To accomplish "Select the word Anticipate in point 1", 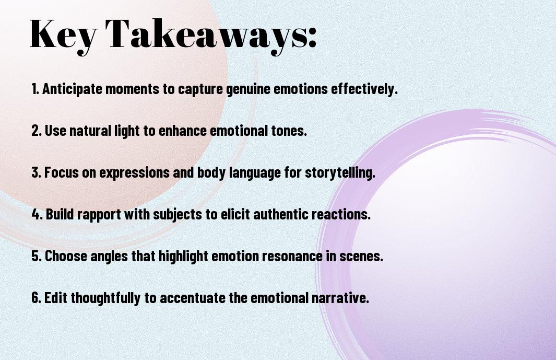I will point(73,89).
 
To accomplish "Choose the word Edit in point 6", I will point(56,298).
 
